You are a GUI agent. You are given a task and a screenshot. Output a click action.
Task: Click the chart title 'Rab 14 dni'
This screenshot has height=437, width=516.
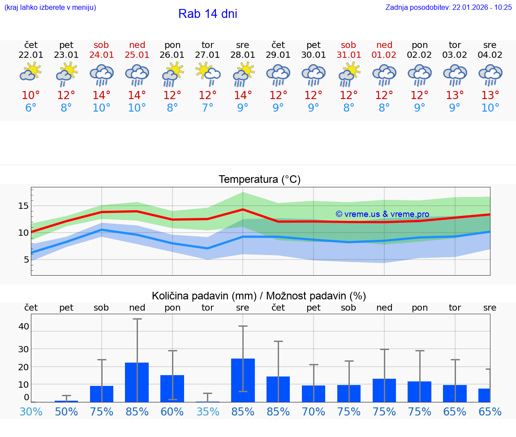[207, 14]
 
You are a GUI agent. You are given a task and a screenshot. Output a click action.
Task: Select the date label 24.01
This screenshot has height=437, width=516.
[102, 55]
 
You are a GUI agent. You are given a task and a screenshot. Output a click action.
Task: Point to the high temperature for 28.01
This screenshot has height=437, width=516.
[243, 95]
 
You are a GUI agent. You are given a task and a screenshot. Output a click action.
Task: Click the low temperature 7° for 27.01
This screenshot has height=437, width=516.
[207, 108]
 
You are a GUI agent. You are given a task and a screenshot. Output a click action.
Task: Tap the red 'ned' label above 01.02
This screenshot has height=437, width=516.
[384, 45]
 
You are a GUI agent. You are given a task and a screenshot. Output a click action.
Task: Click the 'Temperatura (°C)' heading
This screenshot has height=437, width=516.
[259, 180]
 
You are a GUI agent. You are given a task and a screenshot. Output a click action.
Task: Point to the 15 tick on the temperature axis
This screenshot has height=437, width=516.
[23, 206]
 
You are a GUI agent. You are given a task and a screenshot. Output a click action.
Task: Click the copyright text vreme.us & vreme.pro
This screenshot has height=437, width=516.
[382, 214]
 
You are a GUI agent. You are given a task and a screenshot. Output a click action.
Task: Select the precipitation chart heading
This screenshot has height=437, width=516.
[259, 296]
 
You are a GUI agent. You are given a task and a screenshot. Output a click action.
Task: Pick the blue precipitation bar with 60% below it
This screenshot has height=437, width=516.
[172, 388]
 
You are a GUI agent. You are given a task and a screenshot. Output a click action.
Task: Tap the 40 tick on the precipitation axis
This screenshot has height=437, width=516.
[23, 326]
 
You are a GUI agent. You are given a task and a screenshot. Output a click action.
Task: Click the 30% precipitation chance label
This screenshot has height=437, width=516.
[31, 411]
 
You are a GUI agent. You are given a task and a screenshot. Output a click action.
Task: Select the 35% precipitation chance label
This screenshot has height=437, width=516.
[207, 411]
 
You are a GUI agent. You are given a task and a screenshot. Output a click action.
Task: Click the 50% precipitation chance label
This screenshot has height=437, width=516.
[66, 411]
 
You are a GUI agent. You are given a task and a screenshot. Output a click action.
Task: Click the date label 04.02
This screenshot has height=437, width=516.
[490, 55]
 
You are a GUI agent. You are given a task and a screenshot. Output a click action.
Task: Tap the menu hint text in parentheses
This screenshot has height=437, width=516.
[50, 8]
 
